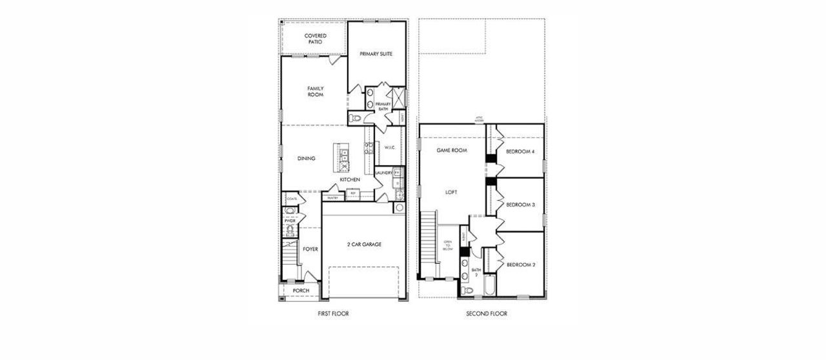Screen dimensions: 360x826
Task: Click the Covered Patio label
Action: tap(316, 38)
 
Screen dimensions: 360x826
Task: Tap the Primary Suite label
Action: tap(376, 54)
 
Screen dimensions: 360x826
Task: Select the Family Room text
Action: tap(316, 92)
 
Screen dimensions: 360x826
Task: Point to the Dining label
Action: tap(306, 159)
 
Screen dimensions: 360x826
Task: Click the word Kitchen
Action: tap(350, 179)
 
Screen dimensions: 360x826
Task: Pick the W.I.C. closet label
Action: tap(389, 148)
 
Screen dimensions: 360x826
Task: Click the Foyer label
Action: tap(310, 248)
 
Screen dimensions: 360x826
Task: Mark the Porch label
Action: tap(301, 291)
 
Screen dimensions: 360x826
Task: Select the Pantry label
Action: tap(333, 198)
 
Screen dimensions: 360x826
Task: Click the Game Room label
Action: tap(452, 150)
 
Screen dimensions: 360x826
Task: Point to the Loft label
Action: tap(452, 192)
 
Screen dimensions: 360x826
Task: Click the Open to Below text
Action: tap(448, 246)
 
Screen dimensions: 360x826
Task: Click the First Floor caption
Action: tap(334, 314)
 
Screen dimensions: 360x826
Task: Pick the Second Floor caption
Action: tap(487, 314)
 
